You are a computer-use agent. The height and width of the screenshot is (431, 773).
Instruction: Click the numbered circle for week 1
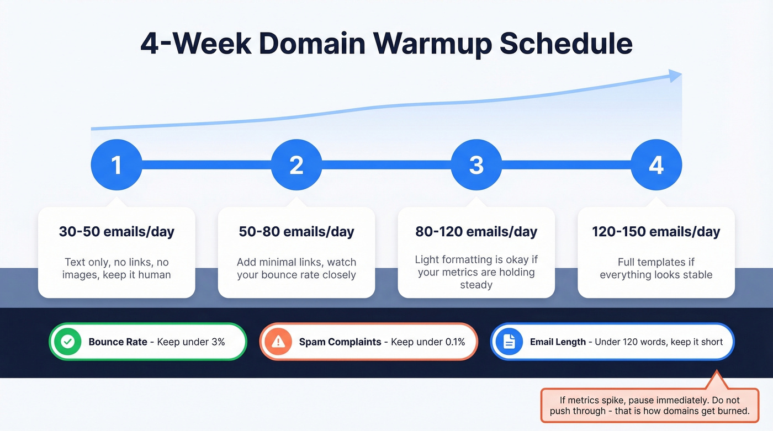click(x=117, y=164)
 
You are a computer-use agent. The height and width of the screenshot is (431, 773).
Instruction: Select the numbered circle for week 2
click(x=297, y=164)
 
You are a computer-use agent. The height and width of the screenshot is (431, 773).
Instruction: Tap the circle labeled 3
click(x=476, y=164)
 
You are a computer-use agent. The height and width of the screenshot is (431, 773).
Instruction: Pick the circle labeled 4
click(x=656, y=164)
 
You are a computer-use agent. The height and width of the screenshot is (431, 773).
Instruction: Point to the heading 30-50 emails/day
click(x=117, y=231)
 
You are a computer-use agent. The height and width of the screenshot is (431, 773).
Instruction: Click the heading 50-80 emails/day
click(x=297, y=231)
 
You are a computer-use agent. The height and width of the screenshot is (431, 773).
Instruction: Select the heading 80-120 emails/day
click(x=476, y=231)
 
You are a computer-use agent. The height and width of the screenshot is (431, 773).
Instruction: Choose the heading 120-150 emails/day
click(x=656, y=231)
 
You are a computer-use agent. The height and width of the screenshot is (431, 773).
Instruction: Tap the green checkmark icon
click(x=68, y=342)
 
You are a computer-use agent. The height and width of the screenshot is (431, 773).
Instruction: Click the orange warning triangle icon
click(x=278, y=342)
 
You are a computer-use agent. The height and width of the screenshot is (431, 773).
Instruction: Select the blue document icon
click(x=509, y=342)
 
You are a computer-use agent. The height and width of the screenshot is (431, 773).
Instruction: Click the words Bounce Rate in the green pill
click(x=118, y=342)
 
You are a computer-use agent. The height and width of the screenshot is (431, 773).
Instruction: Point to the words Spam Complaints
click(x=340, y=342)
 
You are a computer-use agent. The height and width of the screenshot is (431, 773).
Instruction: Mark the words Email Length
click(x=558, y=342)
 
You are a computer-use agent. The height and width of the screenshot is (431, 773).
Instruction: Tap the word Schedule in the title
click(x=566, y=44)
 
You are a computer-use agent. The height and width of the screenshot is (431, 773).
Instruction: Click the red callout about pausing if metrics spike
click(x=649, y=406)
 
